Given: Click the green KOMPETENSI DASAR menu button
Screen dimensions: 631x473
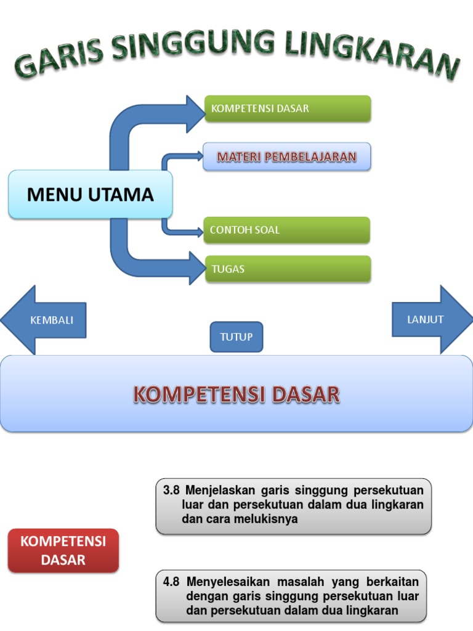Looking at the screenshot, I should (x=288, y=109).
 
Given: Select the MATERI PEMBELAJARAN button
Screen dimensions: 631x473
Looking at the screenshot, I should (x=287, y=157).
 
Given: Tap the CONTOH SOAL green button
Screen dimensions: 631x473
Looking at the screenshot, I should (x=287, y=230).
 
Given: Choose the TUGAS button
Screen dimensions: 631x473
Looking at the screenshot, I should (x=288, y=269).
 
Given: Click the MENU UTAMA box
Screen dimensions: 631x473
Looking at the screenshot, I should (x=91, y=195).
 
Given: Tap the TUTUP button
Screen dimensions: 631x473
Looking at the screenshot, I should (x=236, y=337).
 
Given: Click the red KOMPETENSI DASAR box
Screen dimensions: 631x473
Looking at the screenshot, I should (x=63, y=551).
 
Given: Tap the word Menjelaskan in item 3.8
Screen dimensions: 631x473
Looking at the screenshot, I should (x=219, y=491).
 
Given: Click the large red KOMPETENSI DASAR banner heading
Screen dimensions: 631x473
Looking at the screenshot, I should (x=236, y=394).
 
